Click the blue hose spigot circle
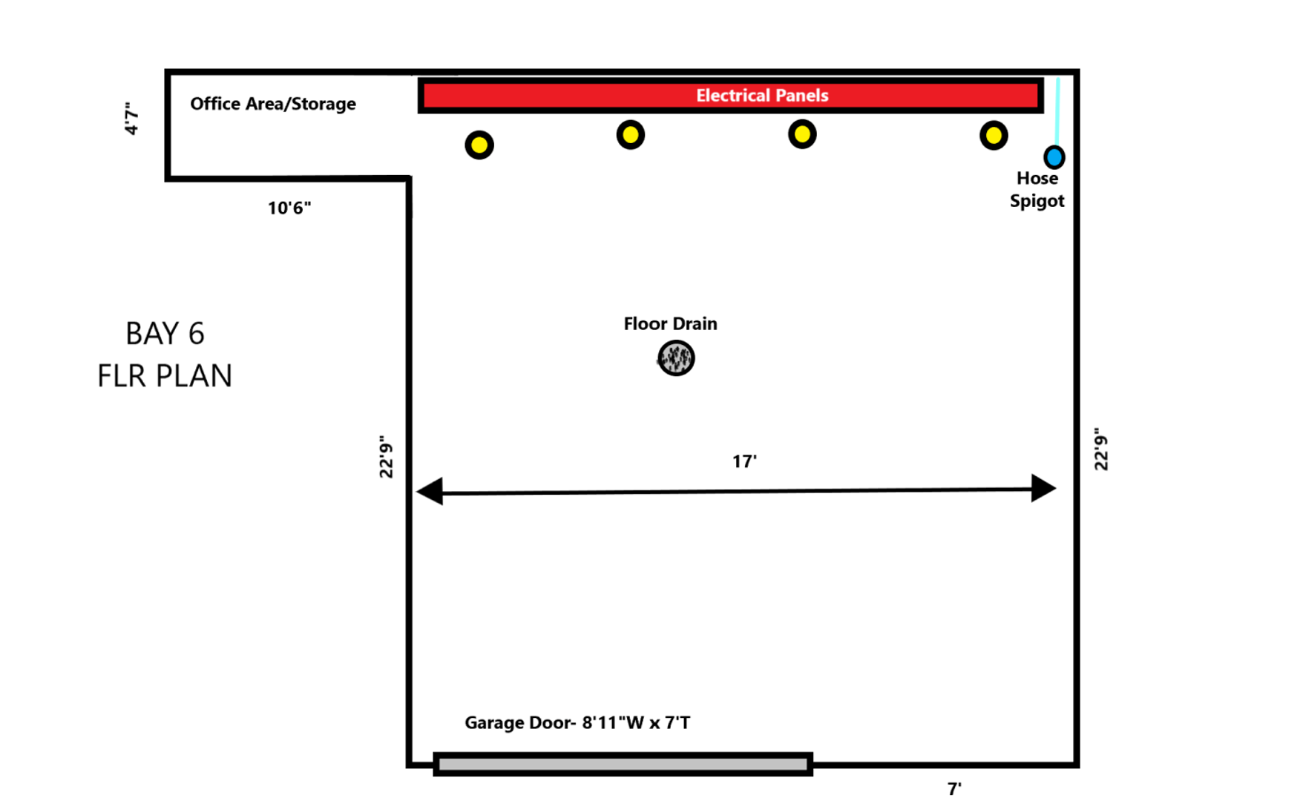[1054, 157]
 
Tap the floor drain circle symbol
[676, 358]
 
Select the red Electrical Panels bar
[731, 96]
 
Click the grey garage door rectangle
[623, 764]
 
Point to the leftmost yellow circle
[479, 145]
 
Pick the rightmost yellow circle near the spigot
[994, 136]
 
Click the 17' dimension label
[744, 461]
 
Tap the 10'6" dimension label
[289, 208]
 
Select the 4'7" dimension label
[132, 119]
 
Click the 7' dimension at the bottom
[954, 788]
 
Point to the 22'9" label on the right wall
[1101, 449]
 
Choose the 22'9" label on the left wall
[386, 457]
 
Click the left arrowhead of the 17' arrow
[430, 491]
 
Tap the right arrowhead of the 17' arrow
[1043, 488]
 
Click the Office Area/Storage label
[273, 104]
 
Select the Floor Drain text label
[670, 324]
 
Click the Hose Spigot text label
[1037, 190]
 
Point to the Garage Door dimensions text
[577, 722]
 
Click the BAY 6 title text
[165, 334]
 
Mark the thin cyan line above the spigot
[1057, 111]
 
